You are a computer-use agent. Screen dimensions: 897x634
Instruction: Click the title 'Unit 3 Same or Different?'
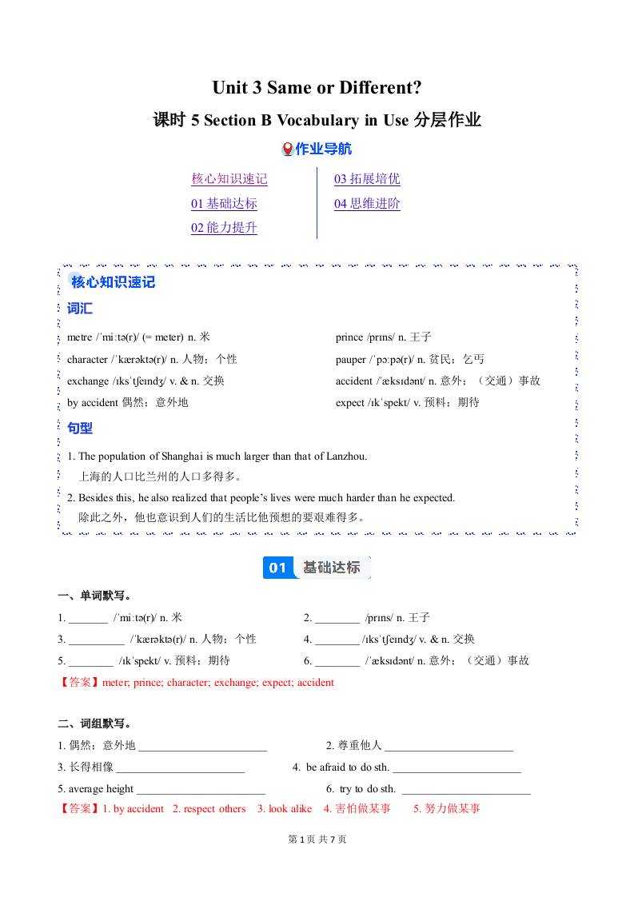317,88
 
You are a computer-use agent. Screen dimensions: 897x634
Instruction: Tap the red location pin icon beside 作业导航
288,149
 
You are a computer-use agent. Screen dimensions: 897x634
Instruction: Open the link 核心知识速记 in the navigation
229,179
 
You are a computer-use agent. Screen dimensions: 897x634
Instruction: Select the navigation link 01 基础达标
224,204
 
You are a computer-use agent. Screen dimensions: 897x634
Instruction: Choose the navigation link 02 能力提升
224,228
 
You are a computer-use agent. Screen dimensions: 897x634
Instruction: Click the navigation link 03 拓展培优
367,179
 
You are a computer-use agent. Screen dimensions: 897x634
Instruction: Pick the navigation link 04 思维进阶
367,204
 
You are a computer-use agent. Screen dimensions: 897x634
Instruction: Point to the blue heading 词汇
80,309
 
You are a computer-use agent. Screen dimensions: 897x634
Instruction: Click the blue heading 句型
80,429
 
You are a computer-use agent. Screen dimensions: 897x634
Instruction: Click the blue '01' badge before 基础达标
277,568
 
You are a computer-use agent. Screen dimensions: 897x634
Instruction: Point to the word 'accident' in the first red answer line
316,683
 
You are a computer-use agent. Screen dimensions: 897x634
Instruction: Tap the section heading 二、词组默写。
94,724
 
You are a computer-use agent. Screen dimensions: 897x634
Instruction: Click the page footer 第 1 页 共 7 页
317,839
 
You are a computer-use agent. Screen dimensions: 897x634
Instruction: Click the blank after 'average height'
201,790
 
